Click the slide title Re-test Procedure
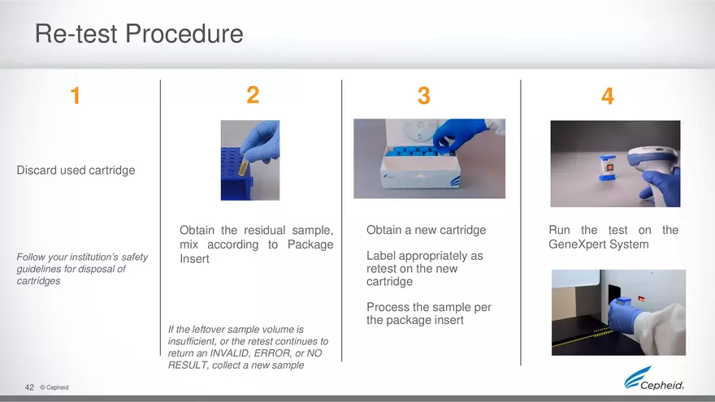[x=139, y=34]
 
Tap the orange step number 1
[x=75, y=97]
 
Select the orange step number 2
[x=253, y=96]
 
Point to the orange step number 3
[x=423, y=97]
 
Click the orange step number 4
[x=608, y=97]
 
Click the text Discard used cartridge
[x=76, y=171]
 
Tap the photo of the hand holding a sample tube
[x=249, y=160]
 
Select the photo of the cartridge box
[x=429, y=158]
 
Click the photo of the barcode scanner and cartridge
[x=615, y=163]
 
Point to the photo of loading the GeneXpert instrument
[x=618, y=312]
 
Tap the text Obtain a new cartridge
[x=426, y=230]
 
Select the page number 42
[x=29, y=388]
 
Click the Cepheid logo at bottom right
[x=654, y=380]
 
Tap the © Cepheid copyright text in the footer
[x=54, y=388]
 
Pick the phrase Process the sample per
[x=428, y=307]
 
